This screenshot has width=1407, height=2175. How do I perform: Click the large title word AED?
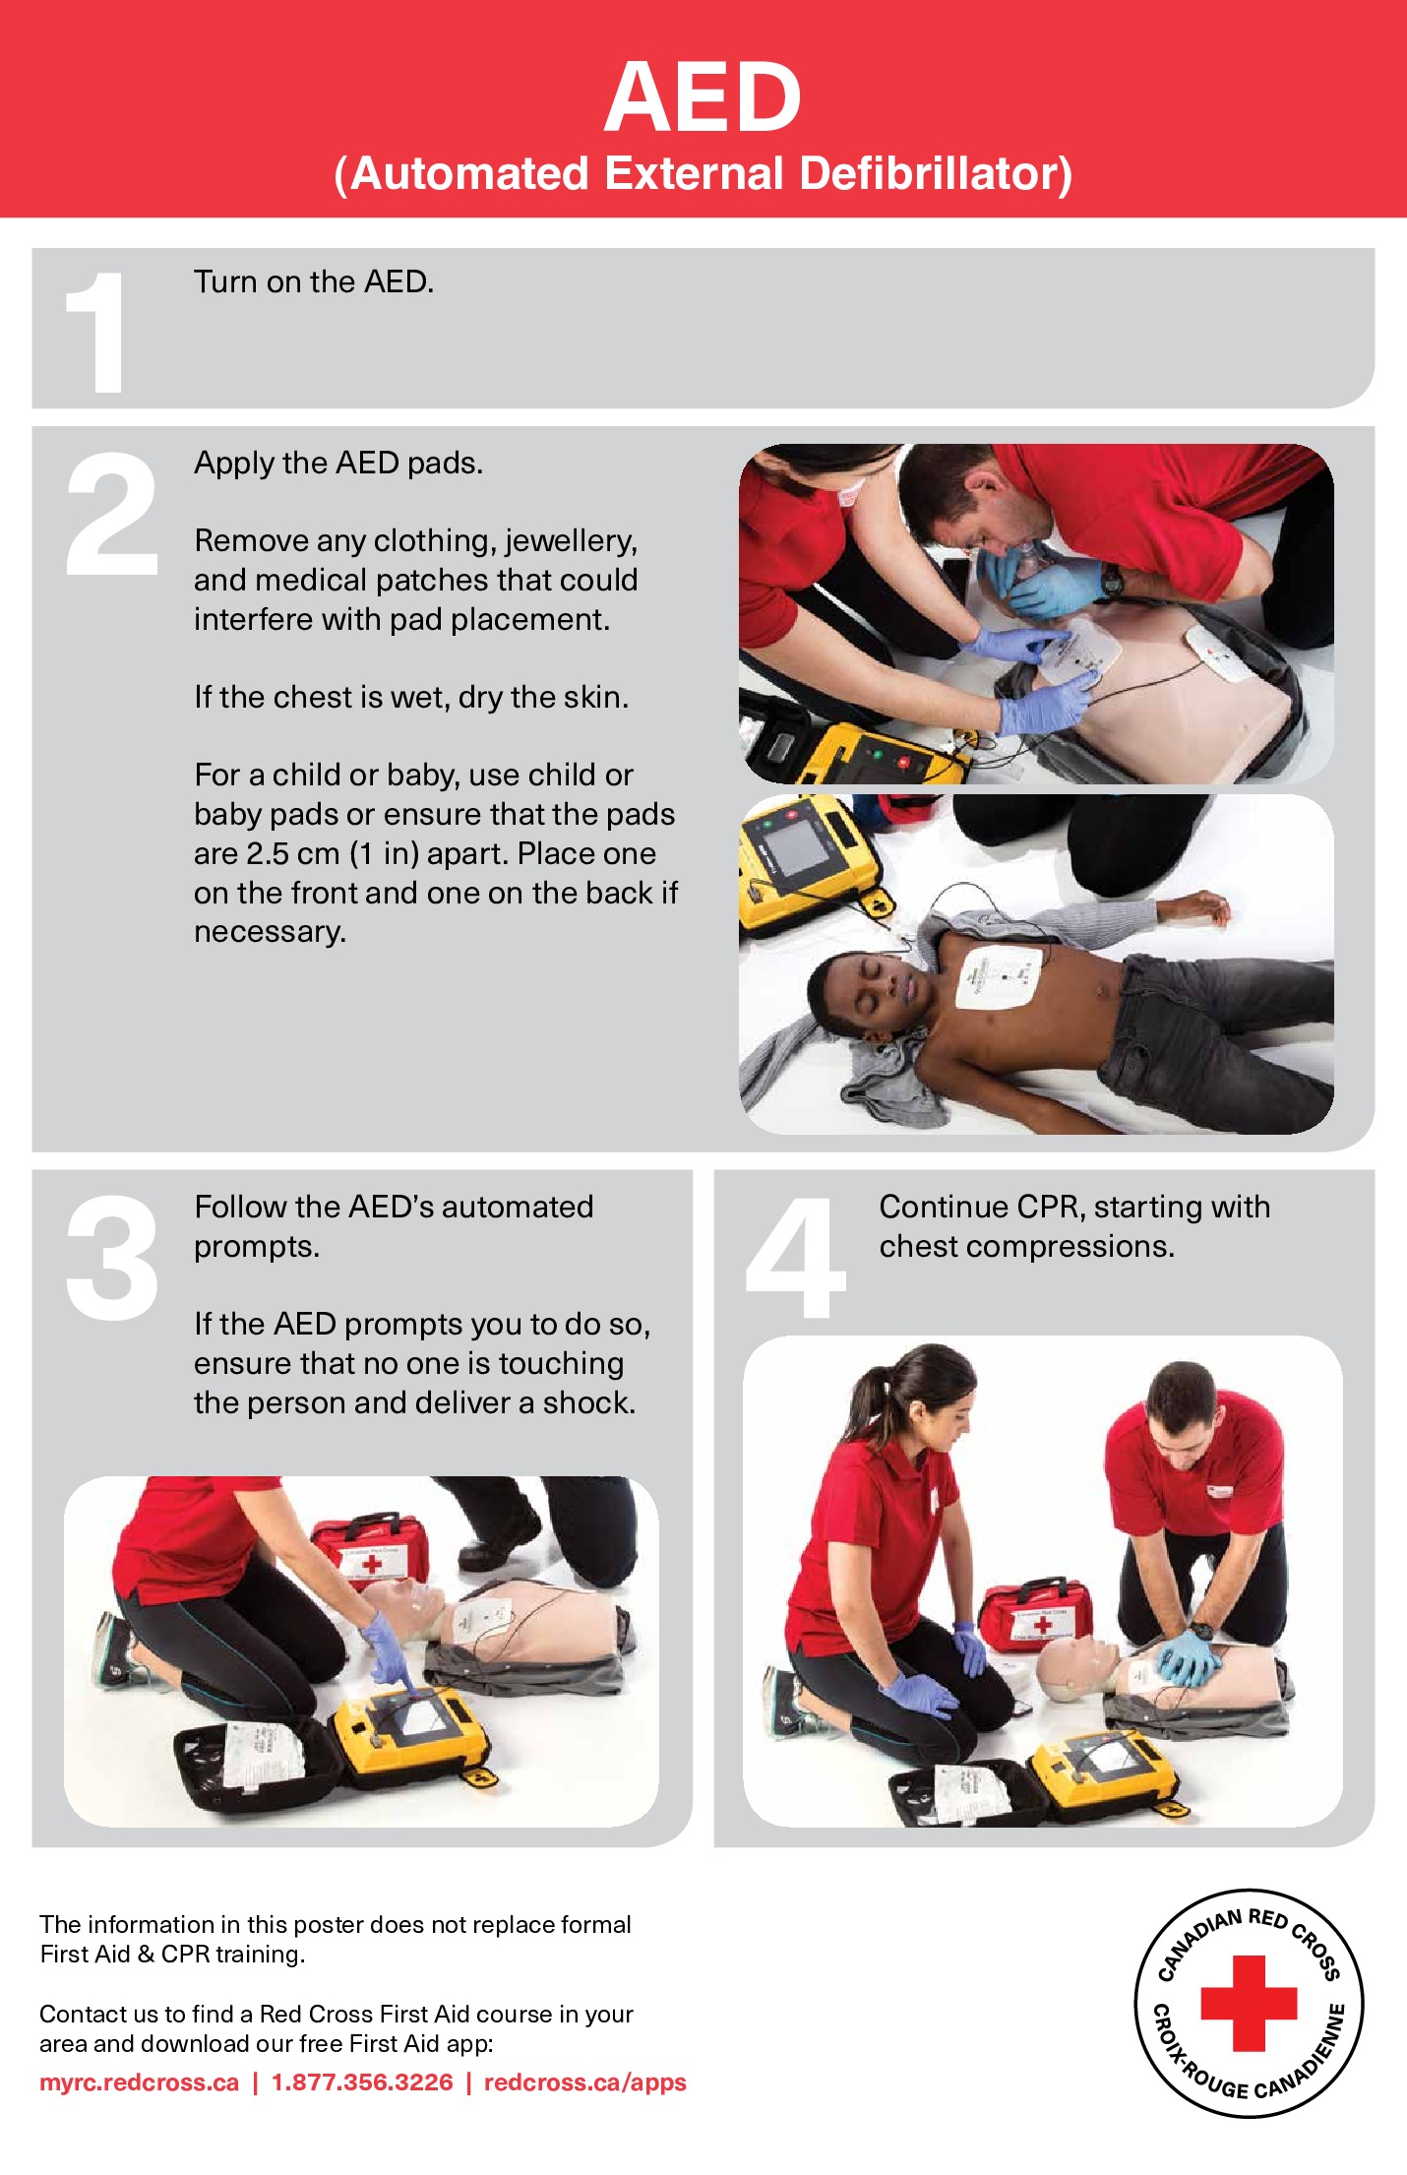[703, 97]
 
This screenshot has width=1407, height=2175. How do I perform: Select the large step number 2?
[111, 514]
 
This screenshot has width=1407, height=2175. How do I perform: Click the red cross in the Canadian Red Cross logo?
[1249, 2004]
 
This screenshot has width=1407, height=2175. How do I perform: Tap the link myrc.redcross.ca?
[140, 2083]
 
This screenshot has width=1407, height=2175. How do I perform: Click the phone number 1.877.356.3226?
[362, 2083]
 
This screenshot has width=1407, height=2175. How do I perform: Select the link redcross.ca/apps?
[584, 2083]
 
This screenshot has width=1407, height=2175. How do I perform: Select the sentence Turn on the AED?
[314, 282]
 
